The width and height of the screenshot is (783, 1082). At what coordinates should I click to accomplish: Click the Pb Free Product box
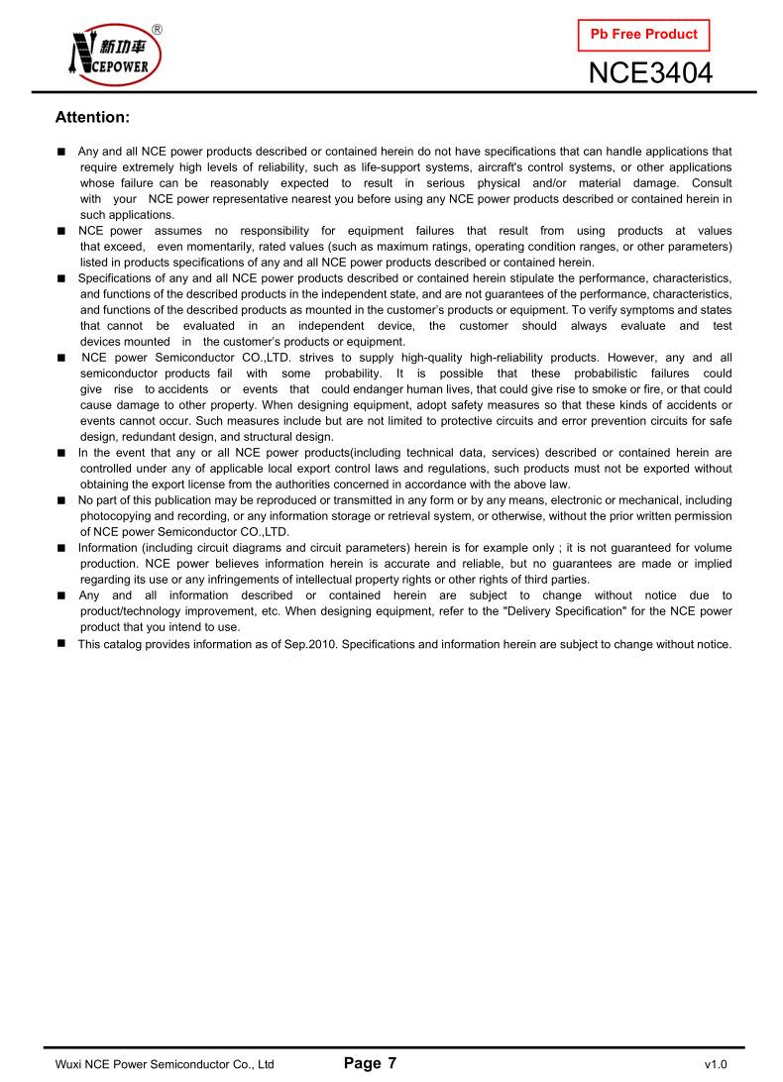click(643, 35)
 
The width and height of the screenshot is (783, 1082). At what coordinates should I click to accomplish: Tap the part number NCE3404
click(650, 72)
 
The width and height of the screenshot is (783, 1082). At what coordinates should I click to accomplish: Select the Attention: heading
click(92, 117)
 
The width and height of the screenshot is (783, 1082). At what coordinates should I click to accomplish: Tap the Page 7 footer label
click(370, 1063)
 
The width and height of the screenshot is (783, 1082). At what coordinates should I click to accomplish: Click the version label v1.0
click(716, 1065)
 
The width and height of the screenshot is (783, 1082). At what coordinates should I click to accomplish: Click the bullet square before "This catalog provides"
click(61, 644)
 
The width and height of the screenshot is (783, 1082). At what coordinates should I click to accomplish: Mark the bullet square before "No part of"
click(61, 500)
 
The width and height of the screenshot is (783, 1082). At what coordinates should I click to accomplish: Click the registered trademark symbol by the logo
click(158, 29)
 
